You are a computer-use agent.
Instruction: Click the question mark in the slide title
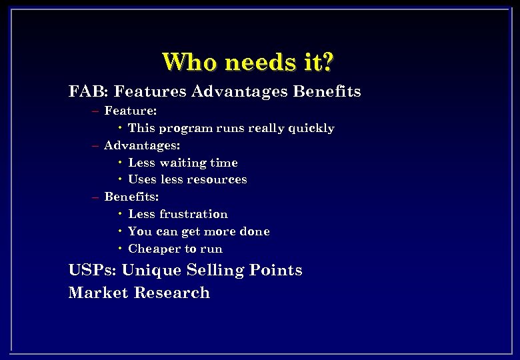[327, 62]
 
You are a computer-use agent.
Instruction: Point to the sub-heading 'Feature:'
[131, 111]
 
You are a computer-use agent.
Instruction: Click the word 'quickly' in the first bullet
[311, 128]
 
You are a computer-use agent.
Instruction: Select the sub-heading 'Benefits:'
[131, 197]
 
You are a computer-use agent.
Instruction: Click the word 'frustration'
[193, 215]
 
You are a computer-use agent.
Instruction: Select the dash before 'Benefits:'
[96, 198]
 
